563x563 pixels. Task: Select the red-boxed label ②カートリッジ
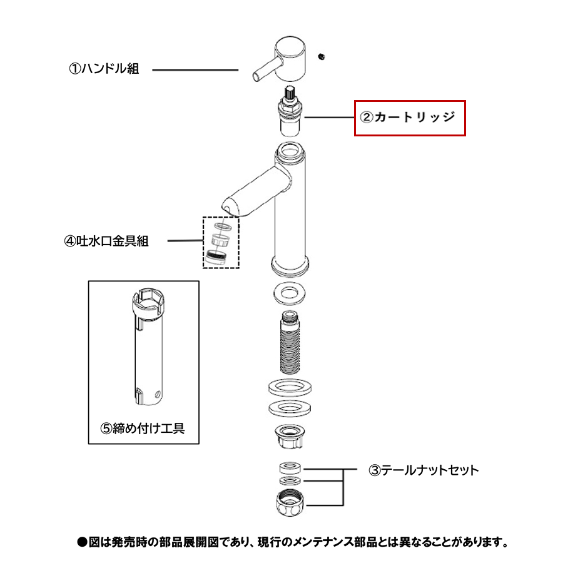(410, 118)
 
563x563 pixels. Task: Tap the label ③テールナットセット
(424, 470)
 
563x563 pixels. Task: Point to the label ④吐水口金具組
(106, 241)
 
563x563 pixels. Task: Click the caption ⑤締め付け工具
(143, 429)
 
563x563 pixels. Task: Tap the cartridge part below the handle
(290, 113)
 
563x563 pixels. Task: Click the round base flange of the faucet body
(290, 265)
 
